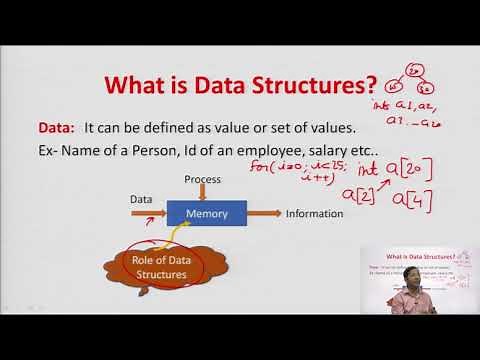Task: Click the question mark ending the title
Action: click(372, 85)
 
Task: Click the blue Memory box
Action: click(207, 213)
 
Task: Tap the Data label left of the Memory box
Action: click(141, 199)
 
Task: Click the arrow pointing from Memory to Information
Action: click(265, 213)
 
